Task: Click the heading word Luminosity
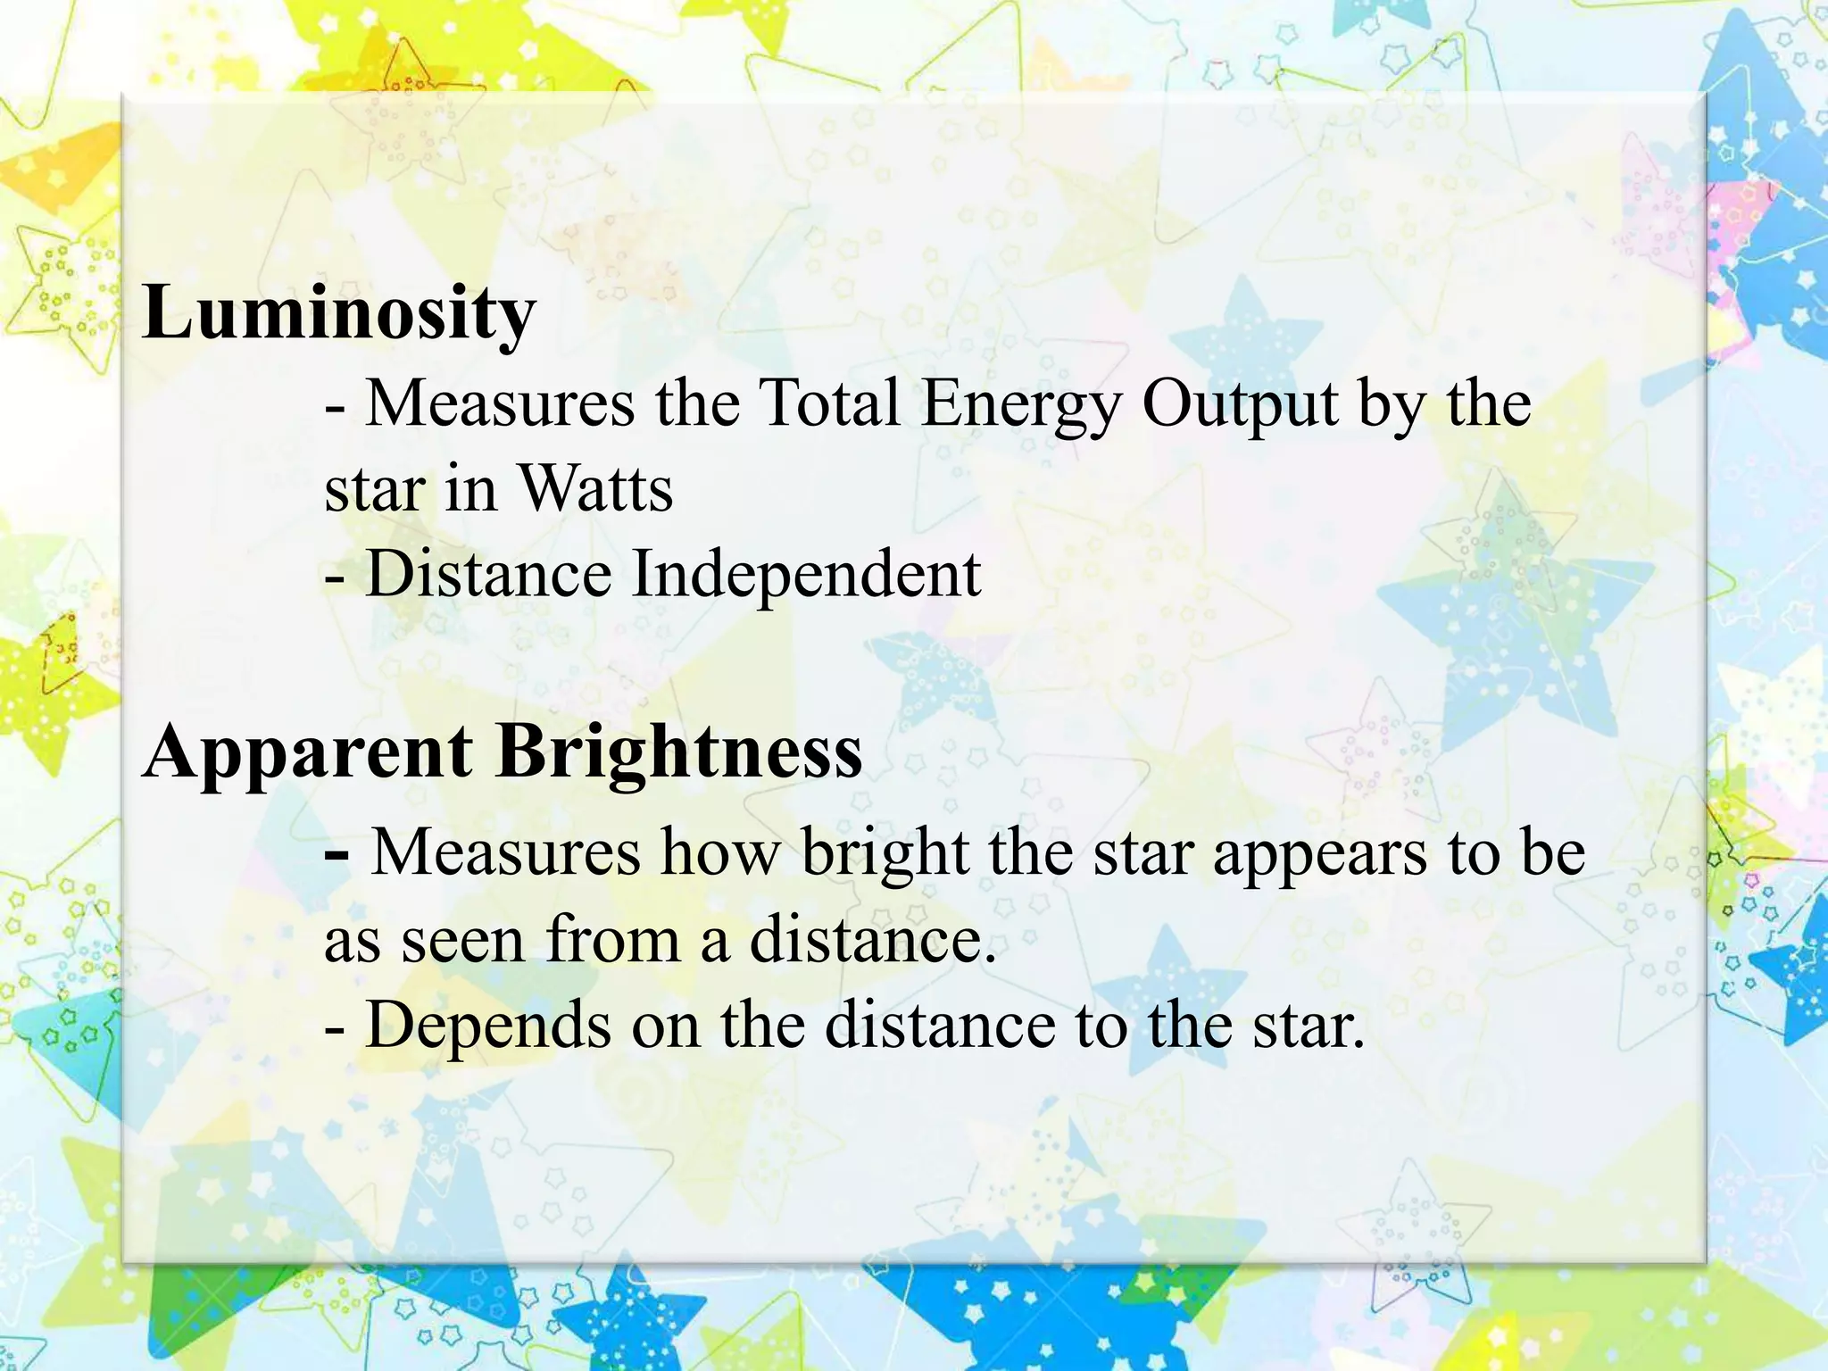339,313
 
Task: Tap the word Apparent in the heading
308,752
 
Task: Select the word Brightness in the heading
679,752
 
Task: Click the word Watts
595,489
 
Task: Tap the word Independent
806,575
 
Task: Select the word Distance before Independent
488,573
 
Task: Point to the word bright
885,853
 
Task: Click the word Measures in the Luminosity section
500,403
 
